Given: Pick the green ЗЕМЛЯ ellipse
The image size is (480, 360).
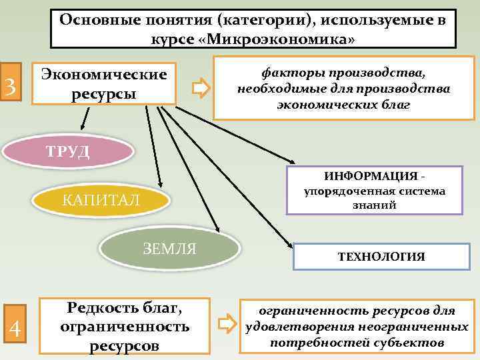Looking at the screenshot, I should click(170, 249).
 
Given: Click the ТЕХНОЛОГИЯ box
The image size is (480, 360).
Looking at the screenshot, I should click(381, 256).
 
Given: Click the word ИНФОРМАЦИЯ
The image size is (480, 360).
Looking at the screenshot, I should click(371, 176).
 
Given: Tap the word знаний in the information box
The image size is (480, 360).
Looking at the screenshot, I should click(375, 206).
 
